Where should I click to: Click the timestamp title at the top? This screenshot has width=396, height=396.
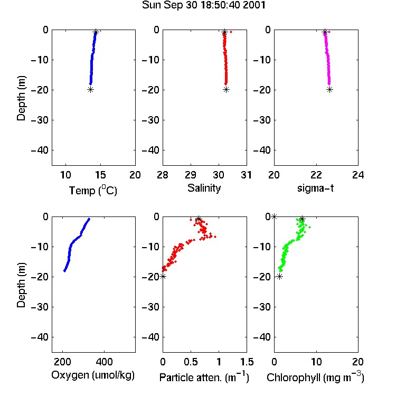[x=204, y=5]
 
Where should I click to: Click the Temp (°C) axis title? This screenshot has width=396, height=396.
[x=93, y=190]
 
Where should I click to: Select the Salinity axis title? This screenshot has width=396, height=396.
[x=204, y=188]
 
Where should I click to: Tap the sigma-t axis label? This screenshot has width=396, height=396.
[x=315, y=188]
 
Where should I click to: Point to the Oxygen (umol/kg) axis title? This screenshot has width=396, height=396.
[x=93, y=375]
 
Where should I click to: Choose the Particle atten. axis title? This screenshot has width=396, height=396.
[x=204, y=377]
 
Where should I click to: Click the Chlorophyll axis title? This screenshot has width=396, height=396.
[x=315, y=377]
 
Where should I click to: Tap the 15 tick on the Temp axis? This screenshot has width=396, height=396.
[x=100, y=175]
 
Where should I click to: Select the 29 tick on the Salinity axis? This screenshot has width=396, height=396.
[x=191, y=175]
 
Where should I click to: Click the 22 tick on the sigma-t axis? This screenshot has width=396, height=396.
[x=316, y=175]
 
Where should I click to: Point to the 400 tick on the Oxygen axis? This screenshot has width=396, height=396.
[x=104, y=362]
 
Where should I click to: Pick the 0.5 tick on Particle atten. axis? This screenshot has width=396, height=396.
[x=191, y=362]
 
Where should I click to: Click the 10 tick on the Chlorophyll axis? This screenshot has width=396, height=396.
[x=316, y=362]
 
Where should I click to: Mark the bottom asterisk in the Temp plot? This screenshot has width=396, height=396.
[x=90, y=89]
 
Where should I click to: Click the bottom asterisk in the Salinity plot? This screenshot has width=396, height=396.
[x=227, y=89]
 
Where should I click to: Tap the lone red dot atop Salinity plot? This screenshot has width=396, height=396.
[x=231, y=32]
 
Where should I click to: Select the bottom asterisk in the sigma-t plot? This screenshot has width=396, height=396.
[x=329, y=89]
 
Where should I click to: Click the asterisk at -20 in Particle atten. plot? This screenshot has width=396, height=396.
[x=163, y=276]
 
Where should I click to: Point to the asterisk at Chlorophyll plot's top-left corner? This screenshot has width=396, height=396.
[x=274, y=216]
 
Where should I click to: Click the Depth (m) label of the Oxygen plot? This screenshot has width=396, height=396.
[x=21, y=285]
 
